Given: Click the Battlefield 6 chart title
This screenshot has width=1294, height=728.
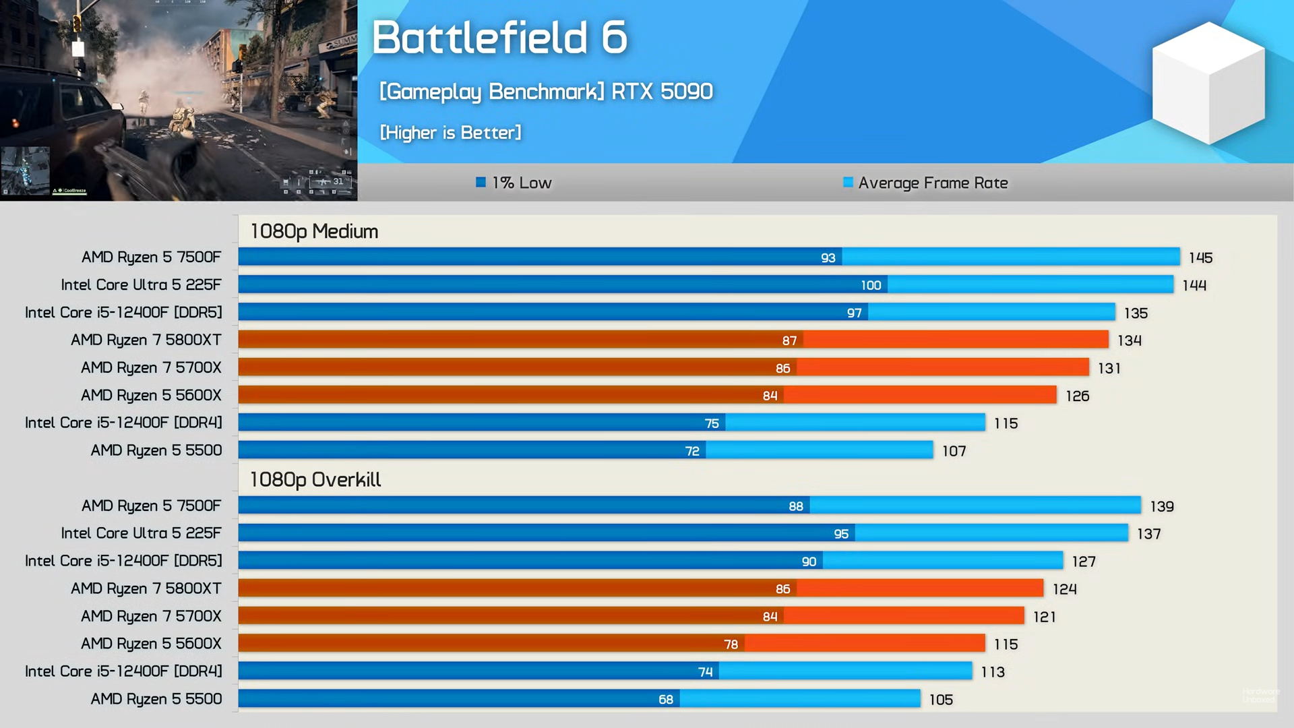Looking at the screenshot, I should coord(499,37).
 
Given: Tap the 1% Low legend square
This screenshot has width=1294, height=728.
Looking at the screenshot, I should coord(481,182).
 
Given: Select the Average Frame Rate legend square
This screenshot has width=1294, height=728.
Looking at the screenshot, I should coord(848,182).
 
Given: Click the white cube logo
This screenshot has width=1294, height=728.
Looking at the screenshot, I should coord(1208,83).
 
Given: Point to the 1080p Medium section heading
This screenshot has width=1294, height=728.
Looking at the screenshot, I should coord(314,231).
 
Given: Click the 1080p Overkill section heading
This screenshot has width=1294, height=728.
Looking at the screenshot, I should coord(315,479).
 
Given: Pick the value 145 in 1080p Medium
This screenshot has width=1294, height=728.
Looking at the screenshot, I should coord(1200,257).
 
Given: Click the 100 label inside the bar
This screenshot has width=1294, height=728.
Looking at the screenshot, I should coord(871,285).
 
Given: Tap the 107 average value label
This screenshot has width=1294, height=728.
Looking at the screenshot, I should coord(954,451).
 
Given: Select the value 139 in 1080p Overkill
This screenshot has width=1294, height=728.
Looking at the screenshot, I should coord(1161,506).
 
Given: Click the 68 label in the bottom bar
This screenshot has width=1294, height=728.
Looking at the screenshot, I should coord(666,700).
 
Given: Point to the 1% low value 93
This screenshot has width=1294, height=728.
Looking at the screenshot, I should coord(828,257).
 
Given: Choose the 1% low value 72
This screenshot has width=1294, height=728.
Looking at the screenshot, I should coord(692,451).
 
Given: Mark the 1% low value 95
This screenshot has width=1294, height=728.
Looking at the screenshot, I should coord(841,534).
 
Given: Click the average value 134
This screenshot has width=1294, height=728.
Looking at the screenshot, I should coord(1129,340).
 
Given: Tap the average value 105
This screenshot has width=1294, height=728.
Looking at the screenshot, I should coord(941,700).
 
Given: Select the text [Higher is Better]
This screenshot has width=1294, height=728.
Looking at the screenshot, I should coord(450,133).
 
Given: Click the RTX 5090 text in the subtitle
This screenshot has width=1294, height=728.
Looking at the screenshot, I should coord(662,91).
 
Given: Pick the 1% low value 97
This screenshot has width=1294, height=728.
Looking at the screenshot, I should coord(854,313).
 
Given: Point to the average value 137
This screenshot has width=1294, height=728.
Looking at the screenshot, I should coord(1148,534).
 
